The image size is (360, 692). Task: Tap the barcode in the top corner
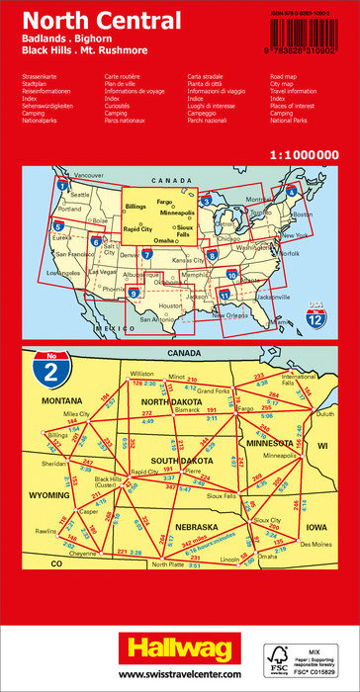point(314,33)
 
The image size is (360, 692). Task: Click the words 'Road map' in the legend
point(283,75)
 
